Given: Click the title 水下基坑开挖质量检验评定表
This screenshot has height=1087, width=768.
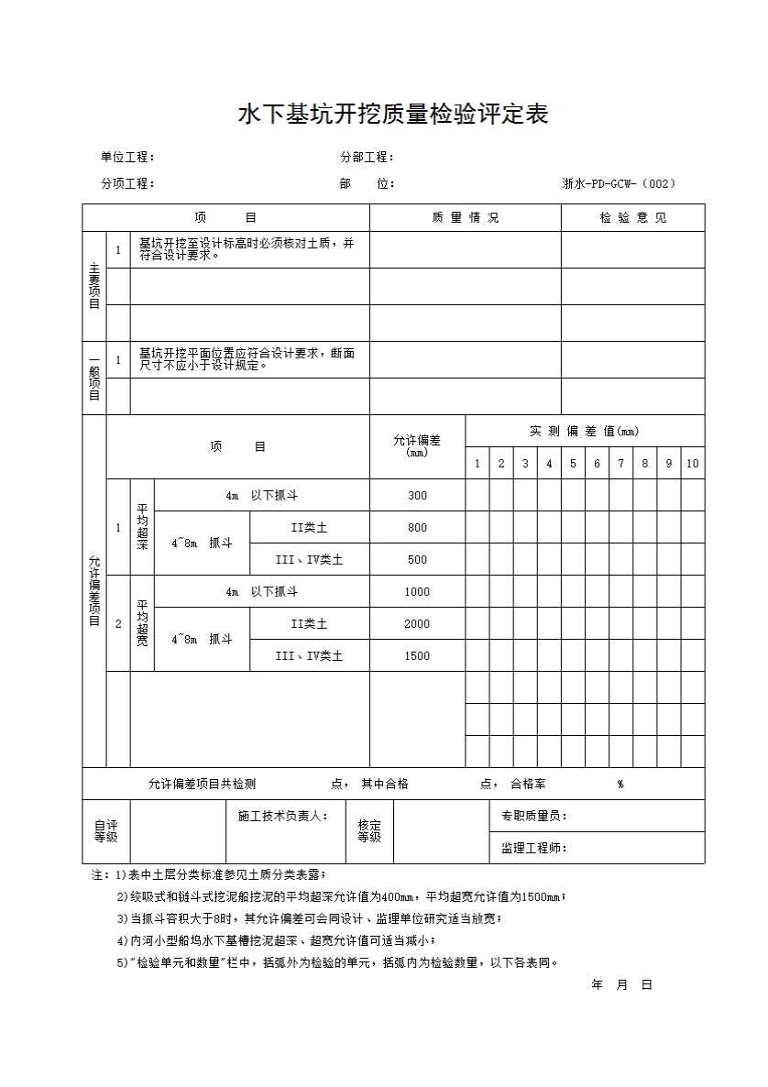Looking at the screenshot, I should (393, 115).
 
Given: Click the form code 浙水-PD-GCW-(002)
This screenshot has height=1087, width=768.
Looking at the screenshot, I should (620, 183).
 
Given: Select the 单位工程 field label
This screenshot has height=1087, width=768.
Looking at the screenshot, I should (127, 158).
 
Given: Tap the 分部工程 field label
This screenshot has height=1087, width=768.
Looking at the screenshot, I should (367, 158).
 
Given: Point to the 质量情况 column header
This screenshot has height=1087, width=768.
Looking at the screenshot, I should (465, 218).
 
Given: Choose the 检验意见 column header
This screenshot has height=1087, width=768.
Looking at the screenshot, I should (633, 218).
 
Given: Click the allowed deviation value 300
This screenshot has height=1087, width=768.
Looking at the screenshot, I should (417, 496).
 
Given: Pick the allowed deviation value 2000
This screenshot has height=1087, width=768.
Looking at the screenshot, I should (417, 624).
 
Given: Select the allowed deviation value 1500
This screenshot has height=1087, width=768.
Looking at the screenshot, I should (417, 656).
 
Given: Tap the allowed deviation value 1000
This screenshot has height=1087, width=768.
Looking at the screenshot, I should (417, 592).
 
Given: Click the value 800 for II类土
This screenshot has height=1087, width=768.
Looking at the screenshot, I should (417, 528).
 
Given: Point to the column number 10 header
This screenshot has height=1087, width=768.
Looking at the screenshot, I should (693, 464).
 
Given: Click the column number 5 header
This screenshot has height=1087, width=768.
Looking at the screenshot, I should (573, 464).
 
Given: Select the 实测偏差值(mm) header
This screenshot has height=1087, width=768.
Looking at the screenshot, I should (585, 432).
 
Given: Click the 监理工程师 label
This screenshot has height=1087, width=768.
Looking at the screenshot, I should (534, 848).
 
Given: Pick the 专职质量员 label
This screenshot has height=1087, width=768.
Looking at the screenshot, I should (534, 816).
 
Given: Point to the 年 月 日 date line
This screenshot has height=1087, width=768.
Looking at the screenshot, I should (622, 985).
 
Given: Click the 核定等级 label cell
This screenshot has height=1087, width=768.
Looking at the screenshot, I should (369, 831).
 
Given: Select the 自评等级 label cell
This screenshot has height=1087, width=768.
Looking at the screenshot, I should (106, 831).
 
